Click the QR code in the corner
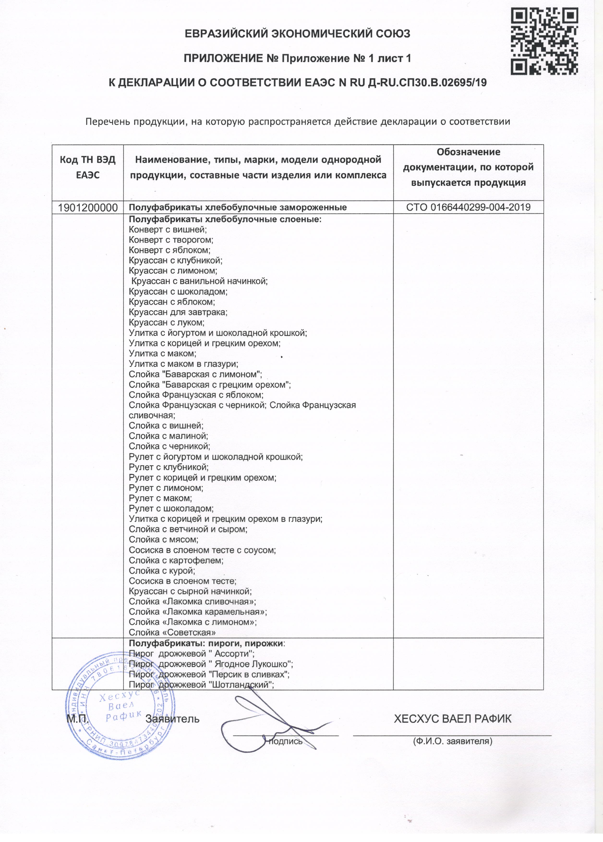coord(544,41)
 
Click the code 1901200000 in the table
coord(88,207)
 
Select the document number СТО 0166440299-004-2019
coord(468,207)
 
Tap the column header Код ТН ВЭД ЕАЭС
coord(88,167)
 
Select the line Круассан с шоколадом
coord(178,291)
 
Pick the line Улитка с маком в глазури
coord(183,364)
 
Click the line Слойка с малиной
coord(169,436)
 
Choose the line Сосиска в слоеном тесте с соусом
coord(202,550)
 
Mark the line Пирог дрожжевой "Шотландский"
coord(201,685)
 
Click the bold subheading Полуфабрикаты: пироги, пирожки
coord(207,643)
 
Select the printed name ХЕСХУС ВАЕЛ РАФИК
coord(452,719)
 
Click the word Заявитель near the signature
coord(173,719)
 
